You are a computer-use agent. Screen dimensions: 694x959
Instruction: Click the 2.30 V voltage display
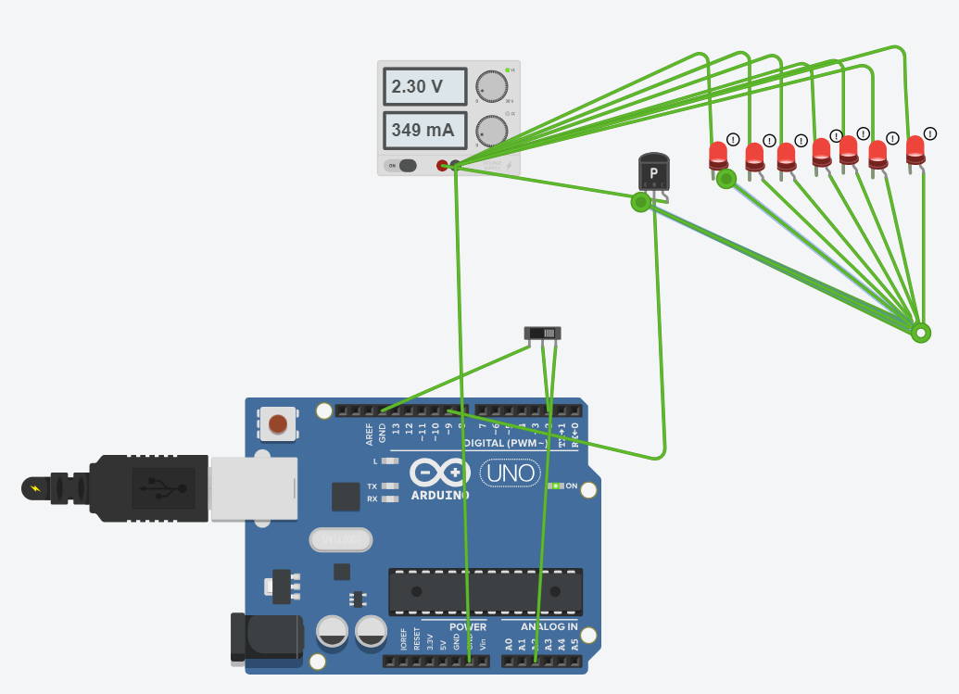[424, 87]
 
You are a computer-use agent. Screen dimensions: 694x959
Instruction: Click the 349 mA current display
[424, 131]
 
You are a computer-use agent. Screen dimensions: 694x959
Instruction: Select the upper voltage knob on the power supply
[492, 86]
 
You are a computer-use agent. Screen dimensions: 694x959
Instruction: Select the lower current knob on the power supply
[492, 131]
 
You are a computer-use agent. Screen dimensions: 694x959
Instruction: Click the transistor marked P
[653, 172]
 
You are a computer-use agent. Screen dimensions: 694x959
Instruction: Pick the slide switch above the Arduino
[543, 333]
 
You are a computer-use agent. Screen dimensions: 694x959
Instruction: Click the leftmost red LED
[718, 155]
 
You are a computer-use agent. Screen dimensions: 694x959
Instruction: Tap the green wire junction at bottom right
[920, 333]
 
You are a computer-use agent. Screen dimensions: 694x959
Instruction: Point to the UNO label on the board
[509, 473]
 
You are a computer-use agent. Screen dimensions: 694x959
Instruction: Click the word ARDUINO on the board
[440, 495]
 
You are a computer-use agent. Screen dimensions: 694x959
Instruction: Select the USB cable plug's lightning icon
[35, 487]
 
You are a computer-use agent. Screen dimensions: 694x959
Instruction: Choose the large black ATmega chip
[486, 591]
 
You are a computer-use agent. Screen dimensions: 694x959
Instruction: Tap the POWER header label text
[468, 627]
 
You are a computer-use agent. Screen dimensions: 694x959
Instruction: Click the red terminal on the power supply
[442, 166]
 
